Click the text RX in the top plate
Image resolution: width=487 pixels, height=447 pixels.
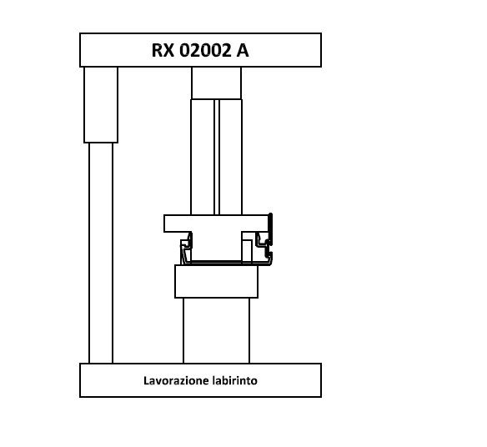[x=163, y=50]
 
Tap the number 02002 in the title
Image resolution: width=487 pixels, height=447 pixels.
[x=205, y=50]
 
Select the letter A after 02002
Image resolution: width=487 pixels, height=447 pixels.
[x=243, y=50]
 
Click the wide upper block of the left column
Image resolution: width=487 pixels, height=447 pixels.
[x=101, y=105]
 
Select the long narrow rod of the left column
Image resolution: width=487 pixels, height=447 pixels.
[x=101, y=253]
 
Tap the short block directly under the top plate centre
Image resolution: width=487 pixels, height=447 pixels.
[x=217, y=83]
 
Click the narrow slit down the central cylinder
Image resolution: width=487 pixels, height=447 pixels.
[x=217, y=157]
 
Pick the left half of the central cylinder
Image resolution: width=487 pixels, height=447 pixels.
[x=203, y=157]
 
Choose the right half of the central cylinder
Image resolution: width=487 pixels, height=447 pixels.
[x=231, y=157]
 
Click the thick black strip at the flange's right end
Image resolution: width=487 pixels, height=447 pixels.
[x=270, y=229]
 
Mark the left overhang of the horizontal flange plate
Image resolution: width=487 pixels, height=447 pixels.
[x=177, y=223]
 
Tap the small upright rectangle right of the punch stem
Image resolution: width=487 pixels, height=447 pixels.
[x=247, y=251]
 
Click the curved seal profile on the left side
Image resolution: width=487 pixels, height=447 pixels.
[x=186, y=248]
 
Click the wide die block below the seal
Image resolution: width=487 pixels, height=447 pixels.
[x=217, y=281]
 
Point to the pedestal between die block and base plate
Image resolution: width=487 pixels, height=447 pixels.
[x=217, y=330]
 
